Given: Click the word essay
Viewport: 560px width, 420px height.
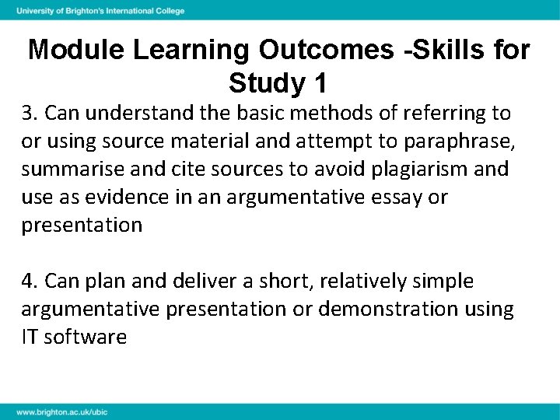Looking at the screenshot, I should pyautogui.click(x=403, y=198).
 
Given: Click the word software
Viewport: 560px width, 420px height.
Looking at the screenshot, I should pyautogui.click(x=87, y=337).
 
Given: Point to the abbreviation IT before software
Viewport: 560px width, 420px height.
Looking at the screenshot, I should pyautogui.click(x=30, y=337).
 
